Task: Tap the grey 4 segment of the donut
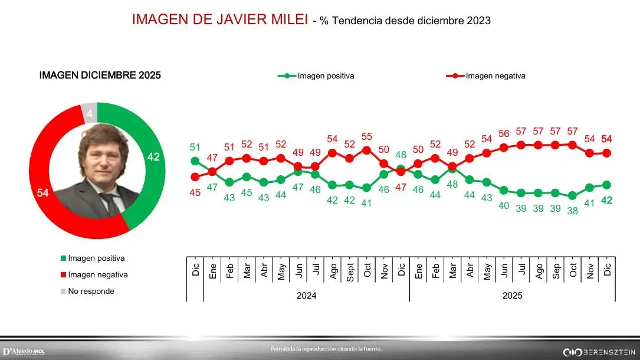click(x=88, y=112)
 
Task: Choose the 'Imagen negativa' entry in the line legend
click(x=494, y=76)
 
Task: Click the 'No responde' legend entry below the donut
click(x=91, y=291)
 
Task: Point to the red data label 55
click(x=367, y=135)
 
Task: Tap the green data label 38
click(x=572, y=211)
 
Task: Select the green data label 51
click(x=195, y=147)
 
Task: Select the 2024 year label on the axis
click(x=306, y=295)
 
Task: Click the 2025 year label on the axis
click(x=512, y=295)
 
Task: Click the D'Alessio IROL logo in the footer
click(x=24, y=352)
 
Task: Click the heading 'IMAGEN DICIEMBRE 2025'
click(x=100, y=76)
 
